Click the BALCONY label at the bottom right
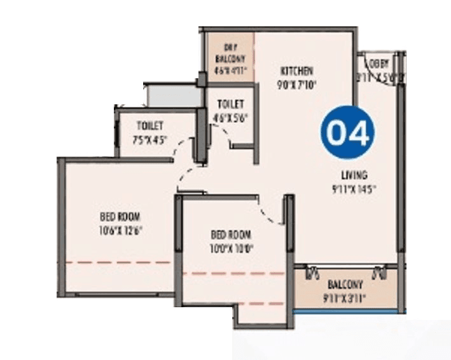345,284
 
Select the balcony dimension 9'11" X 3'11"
345,296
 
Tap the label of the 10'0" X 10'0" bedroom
232,234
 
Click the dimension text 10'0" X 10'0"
232,249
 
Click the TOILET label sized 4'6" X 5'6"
230,104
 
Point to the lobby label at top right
380,64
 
